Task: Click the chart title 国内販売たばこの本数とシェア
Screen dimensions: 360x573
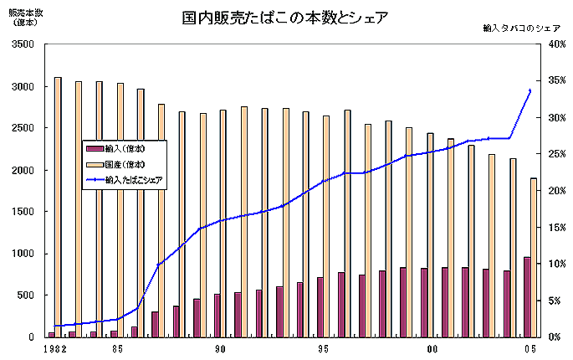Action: click(285, 18)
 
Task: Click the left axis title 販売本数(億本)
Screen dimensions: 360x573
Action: click(23, 18)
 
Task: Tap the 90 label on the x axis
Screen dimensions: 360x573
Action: click(220, 349)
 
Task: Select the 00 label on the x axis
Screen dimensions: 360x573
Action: click(428, 349)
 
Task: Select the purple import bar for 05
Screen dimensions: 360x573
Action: click(527, 296)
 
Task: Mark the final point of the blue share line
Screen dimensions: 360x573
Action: click(530, 90)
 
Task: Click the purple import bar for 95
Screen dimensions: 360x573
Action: click(320, 306)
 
